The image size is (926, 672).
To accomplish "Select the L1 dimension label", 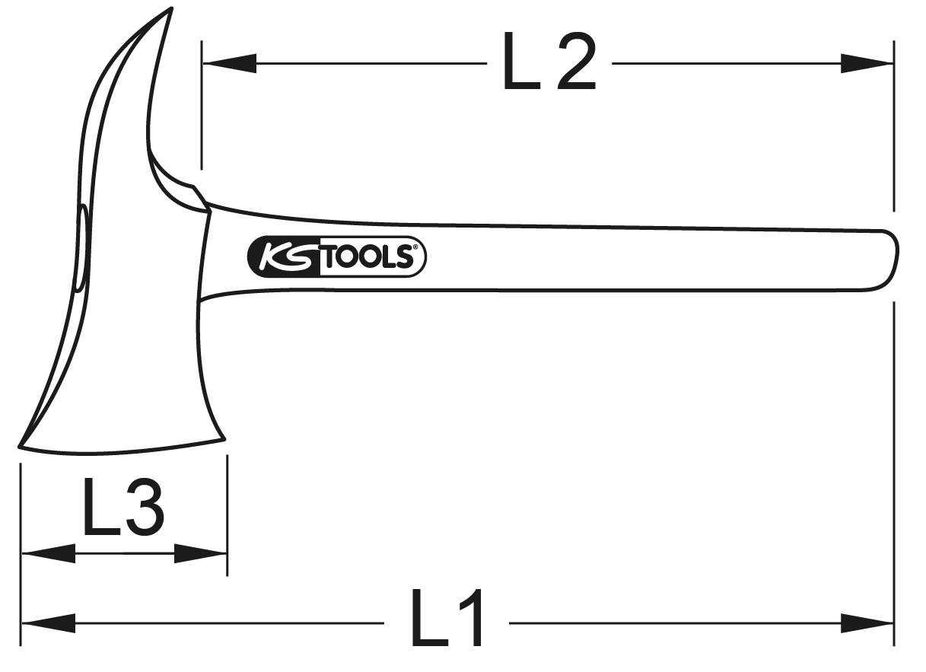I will coord(447,618).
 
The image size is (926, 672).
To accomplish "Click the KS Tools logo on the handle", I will coord(336,257).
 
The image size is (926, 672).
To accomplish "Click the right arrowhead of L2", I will coord(867,64).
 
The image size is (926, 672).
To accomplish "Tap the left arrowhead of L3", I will coord(47,553).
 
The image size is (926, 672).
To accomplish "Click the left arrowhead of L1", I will coord(47,623).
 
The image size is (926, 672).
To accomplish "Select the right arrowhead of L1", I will coord(867,623).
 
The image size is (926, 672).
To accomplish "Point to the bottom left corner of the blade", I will coord(21,446).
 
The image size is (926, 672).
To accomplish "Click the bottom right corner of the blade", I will coord(224,438).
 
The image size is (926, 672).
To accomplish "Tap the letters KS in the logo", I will coord(282,257).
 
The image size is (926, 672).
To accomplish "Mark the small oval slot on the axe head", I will coord(81,247).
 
